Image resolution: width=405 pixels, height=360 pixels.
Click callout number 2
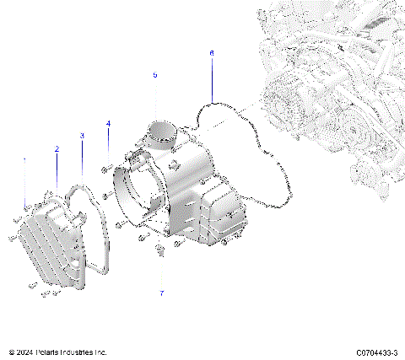pyautogui.click(x=57, y=149)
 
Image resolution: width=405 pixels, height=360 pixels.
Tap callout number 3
pyautogui.click(x=82, y=135)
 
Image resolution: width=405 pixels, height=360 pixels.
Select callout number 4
pyautogui.click(x=108, y=125)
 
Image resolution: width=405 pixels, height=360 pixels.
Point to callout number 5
pyautogui.click(x=155, y=75)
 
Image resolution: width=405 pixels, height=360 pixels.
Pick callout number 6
pyautogui.click(x=212, y=53)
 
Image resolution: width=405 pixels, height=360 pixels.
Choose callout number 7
pyautogui.click(x=162, y=293)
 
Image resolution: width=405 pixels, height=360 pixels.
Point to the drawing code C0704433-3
pyautogui.click(x=377, y=352)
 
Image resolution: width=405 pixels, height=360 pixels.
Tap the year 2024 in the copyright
pyautogui.click(x=25, y=352)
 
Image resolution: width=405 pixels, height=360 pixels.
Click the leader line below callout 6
pyautogui.click(x=212, y=80)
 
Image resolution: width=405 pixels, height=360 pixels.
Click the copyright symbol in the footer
pyautogui.click(x=11, y=352)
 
